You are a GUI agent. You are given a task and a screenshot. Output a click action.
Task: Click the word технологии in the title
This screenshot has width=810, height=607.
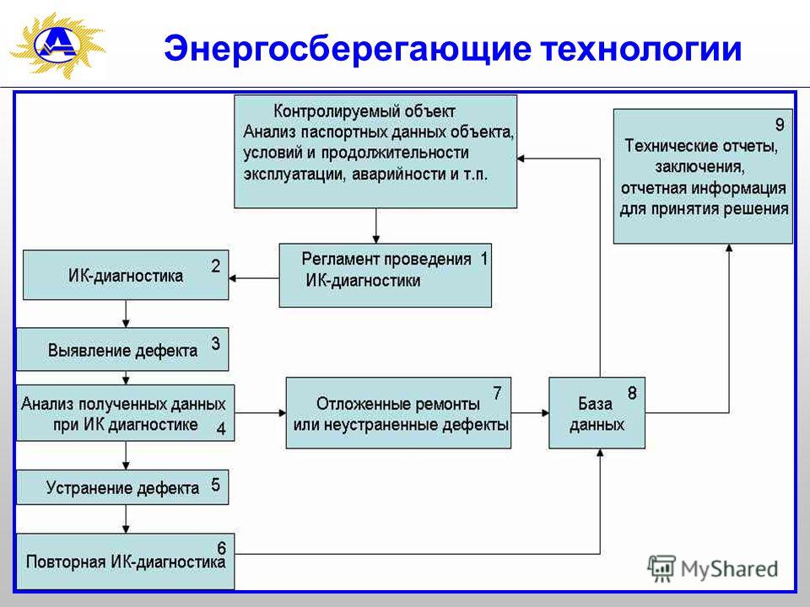click(x=641, y=49)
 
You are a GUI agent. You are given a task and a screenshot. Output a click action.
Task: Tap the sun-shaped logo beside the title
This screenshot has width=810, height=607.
click(x=57, y=46)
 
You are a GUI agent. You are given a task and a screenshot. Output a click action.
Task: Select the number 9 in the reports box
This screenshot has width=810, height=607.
click(x=780, y=125)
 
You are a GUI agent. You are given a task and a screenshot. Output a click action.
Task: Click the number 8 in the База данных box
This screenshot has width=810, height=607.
click(x=632, y=394)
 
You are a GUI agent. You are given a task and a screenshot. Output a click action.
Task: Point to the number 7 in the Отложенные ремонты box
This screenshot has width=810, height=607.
click(x=497, y=394)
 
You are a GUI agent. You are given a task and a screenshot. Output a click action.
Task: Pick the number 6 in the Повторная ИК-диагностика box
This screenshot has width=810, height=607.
click(x=221, y=548)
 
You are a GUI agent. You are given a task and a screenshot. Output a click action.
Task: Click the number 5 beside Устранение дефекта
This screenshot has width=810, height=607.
click(x=215, y=485)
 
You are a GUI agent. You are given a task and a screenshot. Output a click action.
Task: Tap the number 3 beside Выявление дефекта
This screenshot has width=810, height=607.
click(x=215, y=344)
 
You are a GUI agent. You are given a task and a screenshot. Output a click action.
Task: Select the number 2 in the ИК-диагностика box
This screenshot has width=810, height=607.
click(x=215, y=266)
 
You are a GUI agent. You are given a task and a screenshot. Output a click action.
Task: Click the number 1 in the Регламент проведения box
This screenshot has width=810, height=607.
click(x=484, y=258)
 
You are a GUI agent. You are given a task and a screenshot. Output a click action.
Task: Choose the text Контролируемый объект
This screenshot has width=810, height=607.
click(x=364, y=111)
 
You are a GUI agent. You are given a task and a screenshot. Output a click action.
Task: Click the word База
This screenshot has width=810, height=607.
click(x=595, y=404)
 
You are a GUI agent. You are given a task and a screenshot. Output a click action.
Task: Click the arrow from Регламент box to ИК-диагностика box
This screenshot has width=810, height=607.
click(x=254, y=278)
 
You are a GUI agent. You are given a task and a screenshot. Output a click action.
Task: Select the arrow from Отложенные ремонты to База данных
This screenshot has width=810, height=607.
click(x=530, y=413)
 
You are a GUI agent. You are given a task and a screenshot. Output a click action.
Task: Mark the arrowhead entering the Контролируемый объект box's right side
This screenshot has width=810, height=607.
click(x=521, y=158)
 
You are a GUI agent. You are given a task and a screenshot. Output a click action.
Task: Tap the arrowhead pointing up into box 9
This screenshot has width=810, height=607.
click(x=729, y=248)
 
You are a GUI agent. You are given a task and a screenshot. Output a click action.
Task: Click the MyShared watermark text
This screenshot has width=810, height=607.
click(x=729, y=569)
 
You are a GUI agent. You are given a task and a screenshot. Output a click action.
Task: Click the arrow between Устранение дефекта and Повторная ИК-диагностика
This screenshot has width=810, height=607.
click(x=126, y=519)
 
